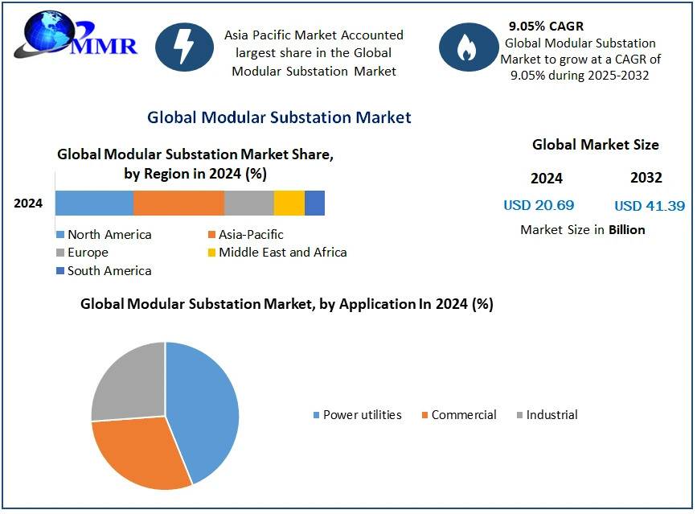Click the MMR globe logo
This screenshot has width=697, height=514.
pos(76,36)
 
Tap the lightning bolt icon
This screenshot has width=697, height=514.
pos(184,47)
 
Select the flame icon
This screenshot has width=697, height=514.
pos(469,47)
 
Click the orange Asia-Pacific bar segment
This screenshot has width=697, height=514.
pos(178,204)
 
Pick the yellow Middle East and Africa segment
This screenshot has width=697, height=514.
pos(289,204)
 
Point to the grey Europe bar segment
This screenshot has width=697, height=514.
pos(249,204)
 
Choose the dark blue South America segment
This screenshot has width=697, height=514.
pos(314,204)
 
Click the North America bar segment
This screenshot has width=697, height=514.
pos(94,204)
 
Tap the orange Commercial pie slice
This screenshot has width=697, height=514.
pos(137,454)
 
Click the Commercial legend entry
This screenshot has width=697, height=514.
pos(459,415)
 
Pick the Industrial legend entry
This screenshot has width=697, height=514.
pos(547,415)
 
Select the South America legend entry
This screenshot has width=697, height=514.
pos(104,271)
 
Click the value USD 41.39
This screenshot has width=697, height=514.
pos(650,206)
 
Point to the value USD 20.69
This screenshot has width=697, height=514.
pos(539,205)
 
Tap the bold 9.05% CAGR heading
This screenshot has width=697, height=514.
pos(547,27)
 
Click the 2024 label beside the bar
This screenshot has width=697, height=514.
pos(28,204)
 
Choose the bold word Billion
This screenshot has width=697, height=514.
pos(627,230)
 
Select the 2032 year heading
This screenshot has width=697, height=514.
pos(646,178)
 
